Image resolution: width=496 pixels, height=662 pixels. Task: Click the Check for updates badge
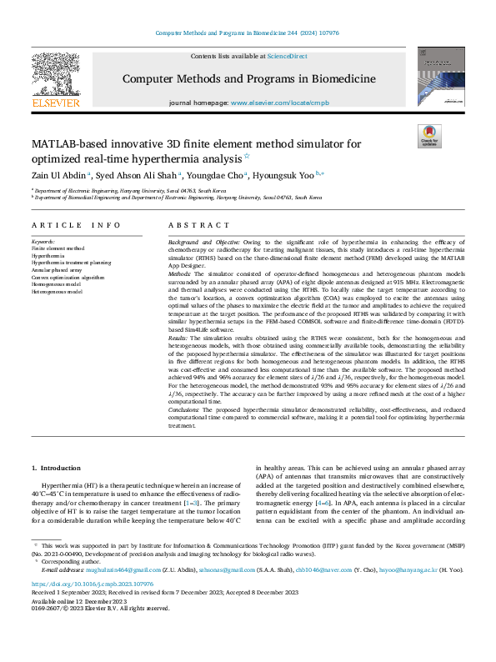429,136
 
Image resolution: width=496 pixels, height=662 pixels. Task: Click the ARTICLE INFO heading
77,225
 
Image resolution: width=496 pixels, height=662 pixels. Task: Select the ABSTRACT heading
198,225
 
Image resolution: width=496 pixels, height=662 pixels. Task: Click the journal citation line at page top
248,33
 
